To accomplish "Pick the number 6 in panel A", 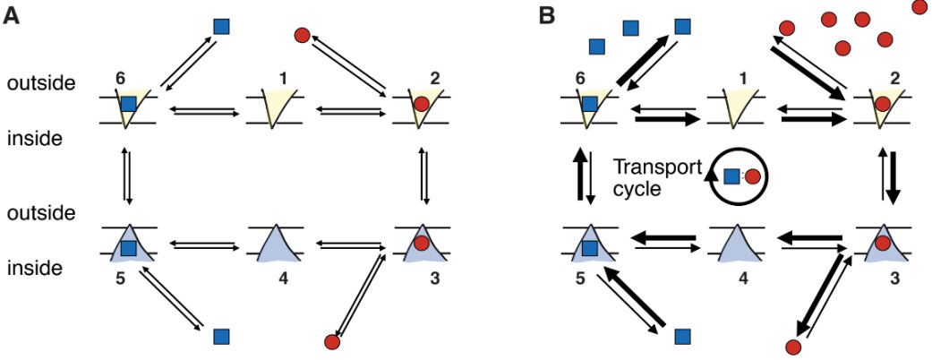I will pyautogui.click(x=120, y=78).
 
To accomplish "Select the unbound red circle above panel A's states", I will pyautogui.click(x=303, y=35).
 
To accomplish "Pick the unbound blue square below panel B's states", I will pyautogui.click(x=683, y=336).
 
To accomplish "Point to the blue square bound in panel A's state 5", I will pyautogui.click(x=129, y=247).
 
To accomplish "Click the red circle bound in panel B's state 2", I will pyautogui.click(x=883, y=103).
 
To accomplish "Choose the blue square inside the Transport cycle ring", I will pyautogui.click(x=731, y=176).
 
